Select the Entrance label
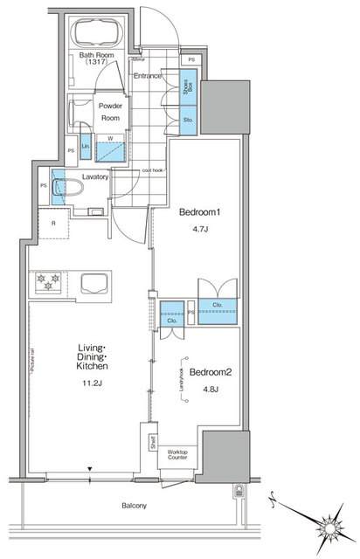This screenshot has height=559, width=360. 149,76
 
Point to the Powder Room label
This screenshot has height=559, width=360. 110,111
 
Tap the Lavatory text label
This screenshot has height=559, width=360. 95,176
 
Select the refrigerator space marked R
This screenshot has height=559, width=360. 54,223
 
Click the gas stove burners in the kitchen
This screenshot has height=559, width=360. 45,281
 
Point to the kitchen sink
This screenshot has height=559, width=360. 93,282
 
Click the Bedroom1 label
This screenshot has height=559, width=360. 197,212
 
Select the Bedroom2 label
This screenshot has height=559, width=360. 208,370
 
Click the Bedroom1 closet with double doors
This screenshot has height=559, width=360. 216,306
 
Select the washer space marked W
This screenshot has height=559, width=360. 109,148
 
